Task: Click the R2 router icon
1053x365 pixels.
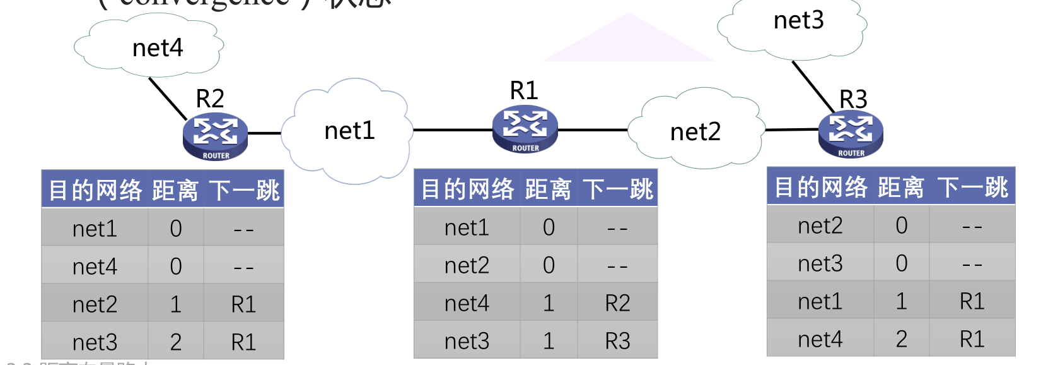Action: (215, 136)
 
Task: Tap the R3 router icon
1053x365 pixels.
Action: (851, 135)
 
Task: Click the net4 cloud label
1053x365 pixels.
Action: (158, 48)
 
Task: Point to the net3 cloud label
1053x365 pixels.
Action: (798, 20)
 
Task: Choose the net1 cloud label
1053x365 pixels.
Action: (349, 131)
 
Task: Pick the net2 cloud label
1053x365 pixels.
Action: (695, 132)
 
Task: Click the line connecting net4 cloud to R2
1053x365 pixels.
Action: (168, 99)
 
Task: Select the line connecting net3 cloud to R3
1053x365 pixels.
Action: (813, 87)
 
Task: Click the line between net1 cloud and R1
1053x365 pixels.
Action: (452, 130)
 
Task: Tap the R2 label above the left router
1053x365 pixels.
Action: (210, 99)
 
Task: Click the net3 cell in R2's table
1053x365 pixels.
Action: (95, 342)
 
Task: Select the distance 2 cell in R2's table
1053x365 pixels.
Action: (176, 342)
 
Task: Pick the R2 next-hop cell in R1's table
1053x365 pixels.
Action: (617, 304)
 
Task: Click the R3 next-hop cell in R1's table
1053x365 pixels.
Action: (617, 342)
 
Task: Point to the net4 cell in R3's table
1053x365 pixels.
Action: (820, 340)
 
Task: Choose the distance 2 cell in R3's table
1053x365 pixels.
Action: (902, 340)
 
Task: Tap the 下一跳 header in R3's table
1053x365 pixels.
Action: (972, 188)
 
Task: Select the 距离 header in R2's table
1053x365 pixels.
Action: (175, 190)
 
